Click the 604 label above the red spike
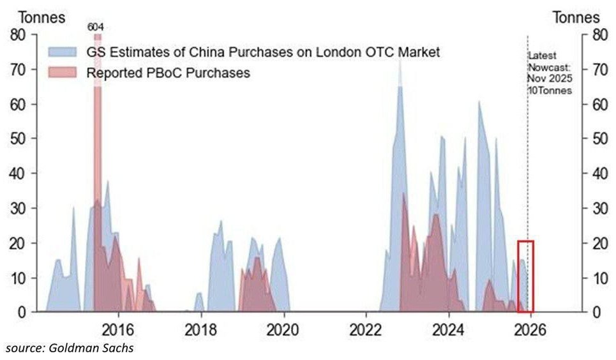coord(97,28)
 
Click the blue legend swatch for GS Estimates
coord(61,52)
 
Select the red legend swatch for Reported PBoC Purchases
coord(61,73)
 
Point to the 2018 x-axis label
coord(201,331)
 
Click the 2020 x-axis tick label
coord(283,331)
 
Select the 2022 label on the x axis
coord(366,331)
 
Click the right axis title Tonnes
coord(576,17)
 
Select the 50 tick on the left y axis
coord(19,139)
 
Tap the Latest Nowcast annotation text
coord(549,73)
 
